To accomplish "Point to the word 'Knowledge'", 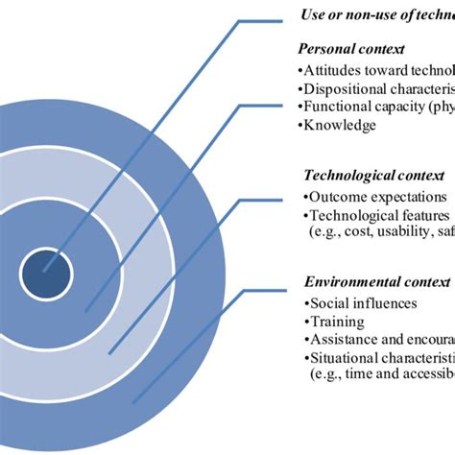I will click(341, 125).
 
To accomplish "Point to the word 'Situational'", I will click(345, 359).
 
